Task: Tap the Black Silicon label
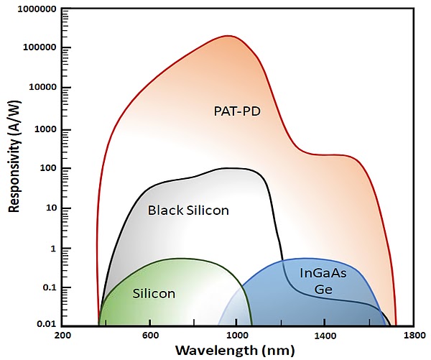[x=188, y=211]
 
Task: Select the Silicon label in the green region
[x=154, y=293]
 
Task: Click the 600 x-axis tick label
[x=150, y=336]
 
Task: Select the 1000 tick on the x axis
[x=238, y=336]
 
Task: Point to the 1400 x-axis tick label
[x=325, y=336]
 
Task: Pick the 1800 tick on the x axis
[x=413, y=336]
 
